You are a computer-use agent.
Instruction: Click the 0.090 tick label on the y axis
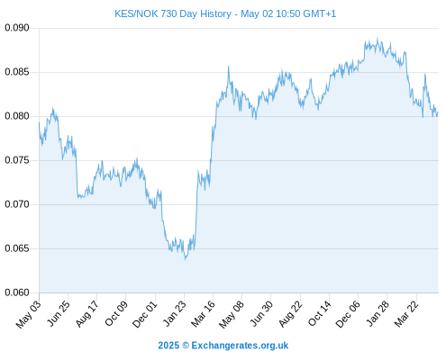[x=17, y=28]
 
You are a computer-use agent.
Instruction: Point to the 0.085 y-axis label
[x=17, y=72]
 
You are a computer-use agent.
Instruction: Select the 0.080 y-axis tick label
[x=17, y=116]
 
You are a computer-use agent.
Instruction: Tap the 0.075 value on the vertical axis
[x=17, y=160]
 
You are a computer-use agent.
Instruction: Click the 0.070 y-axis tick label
[x=17, y=204]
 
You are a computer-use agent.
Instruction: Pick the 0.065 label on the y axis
[x=17, y=248]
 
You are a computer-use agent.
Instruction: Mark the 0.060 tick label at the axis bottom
[x=17, y=292]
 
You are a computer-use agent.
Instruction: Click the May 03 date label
[x=28, y=314]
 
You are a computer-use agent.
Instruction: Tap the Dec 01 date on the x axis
[x=145, y=314]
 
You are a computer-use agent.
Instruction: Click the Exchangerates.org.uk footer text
[x=240, y=346]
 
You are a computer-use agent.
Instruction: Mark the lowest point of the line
[x=186, y=259]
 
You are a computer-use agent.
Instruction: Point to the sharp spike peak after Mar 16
[x=228, y=67]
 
